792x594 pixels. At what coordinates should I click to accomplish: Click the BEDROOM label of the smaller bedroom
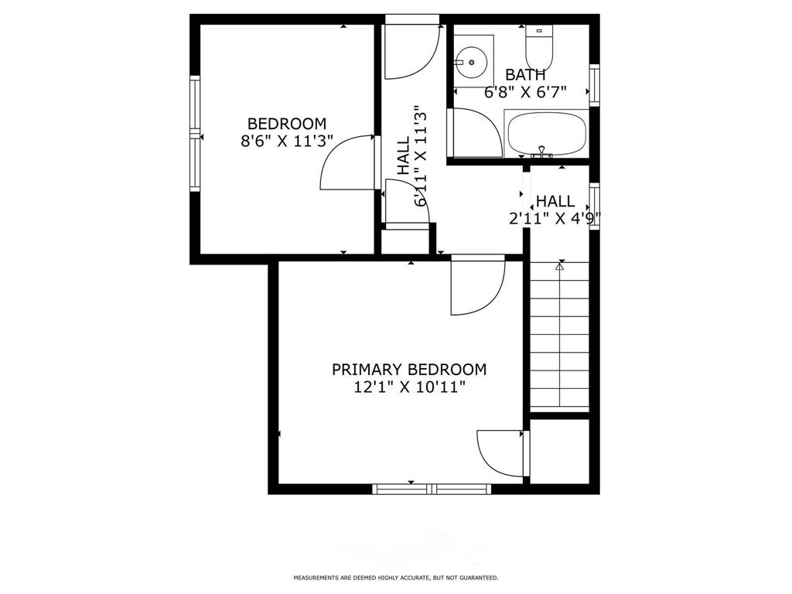[x=286, y=124]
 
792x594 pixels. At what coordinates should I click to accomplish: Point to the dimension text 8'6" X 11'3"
[x=286, y=142]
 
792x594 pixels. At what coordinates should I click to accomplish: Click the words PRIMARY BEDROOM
[x=409, y=370]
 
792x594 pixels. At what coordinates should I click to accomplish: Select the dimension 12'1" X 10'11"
[x=409, y=387]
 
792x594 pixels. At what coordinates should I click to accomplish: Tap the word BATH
[x=525, y=75]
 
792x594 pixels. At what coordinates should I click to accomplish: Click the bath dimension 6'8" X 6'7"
[x=525, y=91]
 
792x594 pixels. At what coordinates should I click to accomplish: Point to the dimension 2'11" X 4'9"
[x=555, y=219]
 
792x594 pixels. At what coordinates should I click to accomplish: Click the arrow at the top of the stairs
[x=559, y=267]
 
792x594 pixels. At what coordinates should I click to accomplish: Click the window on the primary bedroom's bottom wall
[x=431, y=489]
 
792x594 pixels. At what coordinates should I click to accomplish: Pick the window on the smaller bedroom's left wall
[x=196, y=133]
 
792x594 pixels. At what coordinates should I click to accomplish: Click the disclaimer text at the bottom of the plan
[x=395, y=578]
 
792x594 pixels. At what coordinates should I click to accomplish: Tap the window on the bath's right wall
[x=594, y=84]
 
